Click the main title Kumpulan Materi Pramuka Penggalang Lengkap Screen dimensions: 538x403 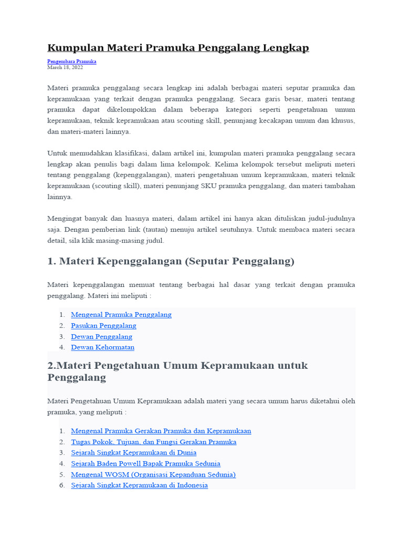click(x=178, y=48)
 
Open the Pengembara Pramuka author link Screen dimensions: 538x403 click(x=72, y=61)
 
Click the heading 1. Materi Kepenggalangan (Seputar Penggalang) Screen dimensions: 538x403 click(x=171, y=261)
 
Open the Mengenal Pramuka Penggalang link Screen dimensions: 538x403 click(x=121, y=315)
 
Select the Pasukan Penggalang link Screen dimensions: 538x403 click(x=103, y=326)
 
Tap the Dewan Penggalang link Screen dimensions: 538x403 click(x=102, y=337)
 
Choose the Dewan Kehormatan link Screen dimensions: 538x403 click(x=103, y=347)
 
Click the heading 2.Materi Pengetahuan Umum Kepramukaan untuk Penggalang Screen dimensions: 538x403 click(x=177, y=371)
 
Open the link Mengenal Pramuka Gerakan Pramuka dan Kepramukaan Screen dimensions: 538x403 click(x=161, y=431)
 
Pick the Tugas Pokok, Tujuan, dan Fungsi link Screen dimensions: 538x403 click(x=154, y=442)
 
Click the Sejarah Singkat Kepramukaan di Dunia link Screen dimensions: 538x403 click(x=134, y=452)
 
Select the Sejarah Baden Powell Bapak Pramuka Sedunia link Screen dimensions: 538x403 click(x=146, y=463)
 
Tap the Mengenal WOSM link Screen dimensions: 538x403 click(x=153, y=474)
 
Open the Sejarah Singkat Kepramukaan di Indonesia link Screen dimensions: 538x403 click(x=140, y=485)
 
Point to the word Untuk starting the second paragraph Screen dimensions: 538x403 click(x=57, y=153)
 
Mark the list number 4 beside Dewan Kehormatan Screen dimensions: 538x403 click(x=61, y=347)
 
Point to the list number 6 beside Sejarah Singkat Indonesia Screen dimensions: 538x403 click(x=61, y=485)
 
